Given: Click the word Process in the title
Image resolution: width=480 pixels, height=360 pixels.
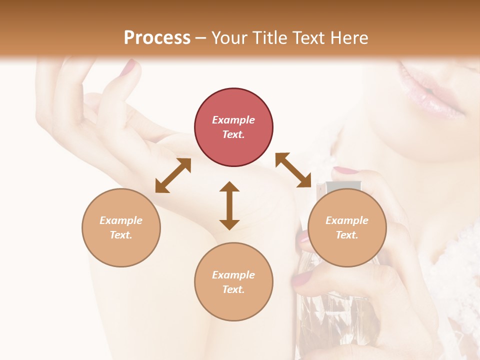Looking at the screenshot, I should [157, 38].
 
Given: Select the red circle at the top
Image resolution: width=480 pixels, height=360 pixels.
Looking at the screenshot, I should [233, 127].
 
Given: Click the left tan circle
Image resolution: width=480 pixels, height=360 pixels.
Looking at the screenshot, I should [121, 227].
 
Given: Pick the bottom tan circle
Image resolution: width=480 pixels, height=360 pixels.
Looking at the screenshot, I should [233, 281].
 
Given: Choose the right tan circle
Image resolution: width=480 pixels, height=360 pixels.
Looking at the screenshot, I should [347, 227].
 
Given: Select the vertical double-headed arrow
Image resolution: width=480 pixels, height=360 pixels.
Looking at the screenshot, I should [229, 205].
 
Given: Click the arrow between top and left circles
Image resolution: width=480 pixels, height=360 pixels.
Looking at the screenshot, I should [173, 175].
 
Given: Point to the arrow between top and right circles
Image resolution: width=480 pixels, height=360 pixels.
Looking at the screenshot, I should [293, 170].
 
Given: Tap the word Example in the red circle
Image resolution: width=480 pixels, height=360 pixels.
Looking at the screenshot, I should [233, 120].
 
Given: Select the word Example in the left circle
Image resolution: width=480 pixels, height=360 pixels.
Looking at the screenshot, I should [121, 220].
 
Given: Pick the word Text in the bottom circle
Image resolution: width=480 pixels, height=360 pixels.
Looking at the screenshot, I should [233, 289].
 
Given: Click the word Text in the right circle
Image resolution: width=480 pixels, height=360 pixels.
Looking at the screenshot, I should [346, 235].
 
